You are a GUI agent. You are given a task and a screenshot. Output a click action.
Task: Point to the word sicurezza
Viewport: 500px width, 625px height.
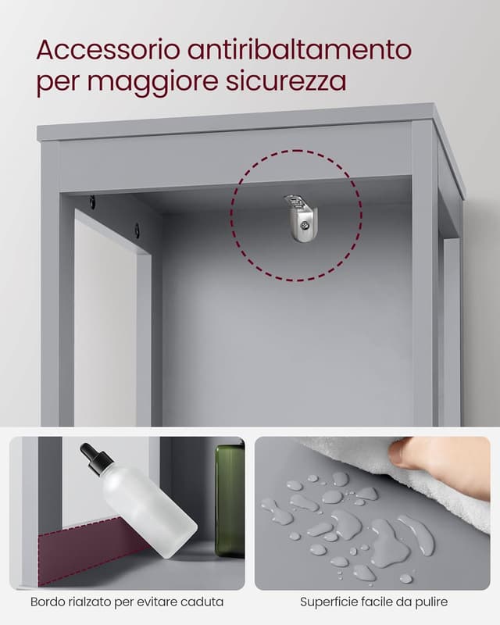(x=286, y=81)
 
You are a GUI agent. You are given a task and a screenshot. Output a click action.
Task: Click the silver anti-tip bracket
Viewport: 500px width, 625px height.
(x=301, y=217)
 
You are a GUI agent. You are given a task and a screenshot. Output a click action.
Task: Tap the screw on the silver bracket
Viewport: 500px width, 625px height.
(x=305, y=226)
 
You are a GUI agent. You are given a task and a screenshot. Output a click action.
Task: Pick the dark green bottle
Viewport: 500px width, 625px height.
(x=230, y=501)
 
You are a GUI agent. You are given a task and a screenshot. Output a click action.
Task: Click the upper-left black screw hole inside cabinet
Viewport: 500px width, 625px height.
(x=92, y=202)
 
